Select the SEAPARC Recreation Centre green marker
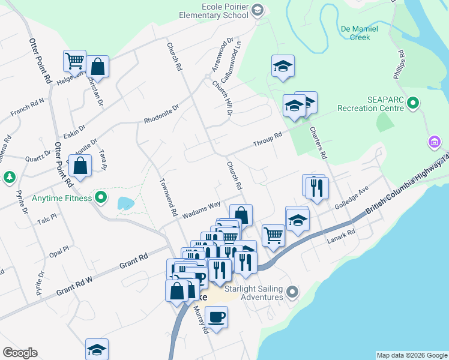coord(412,104)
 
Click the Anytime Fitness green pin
coord(101,197)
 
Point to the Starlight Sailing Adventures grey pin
coord(292,292)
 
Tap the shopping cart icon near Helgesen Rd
coord(74,60)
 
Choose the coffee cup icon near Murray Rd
coord(216,316)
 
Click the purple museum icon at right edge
coord(434,142)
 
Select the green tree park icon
coord(9,177)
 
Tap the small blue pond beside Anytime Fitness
coord(125,203)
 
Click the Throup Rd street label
coord(267,139)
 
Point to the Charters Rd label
coord(318,142)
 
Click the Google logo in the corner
coord(20,353)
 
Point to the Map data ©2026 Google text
coord(411,355)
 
